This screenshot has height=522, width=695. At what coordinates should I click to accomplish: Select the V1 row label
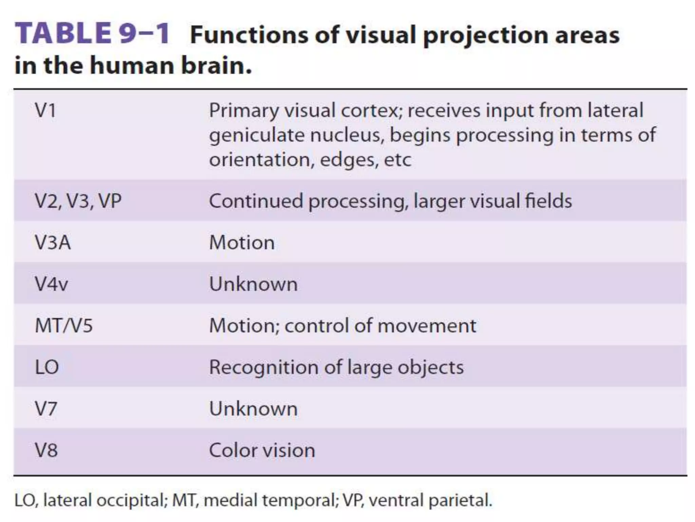(x=45, y=110)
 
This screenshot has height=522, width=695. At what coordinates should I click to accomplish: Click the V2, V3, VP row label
(x=78, y=201)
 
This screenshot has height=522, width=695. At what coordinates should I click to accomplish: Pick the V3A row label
(x=53, y=243)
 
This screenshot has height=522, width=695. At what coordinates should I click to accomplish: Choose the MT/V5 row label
(x=64, y=326)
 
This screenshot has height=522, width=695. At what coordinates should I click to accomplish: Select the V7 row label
(x=46, y=408)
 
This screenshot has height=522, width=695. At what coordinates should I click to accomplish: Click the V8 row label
(x=46, y=450)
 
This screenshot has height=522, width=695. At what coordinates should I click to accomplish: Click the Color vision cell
(x=262, y=450)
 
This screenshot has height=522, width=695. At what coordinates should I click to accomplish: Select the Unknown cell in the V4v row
(x=253, y=284)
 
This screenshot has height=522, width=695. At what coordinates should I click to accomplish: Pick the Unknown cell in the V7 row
(x=253, y=408)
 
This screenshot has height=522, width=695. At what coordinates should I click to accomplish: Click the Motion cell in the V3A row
(x=242, y=243)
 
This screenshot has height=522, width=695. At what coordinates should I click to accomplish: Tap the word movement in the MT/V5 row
(x=427, y=326)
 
